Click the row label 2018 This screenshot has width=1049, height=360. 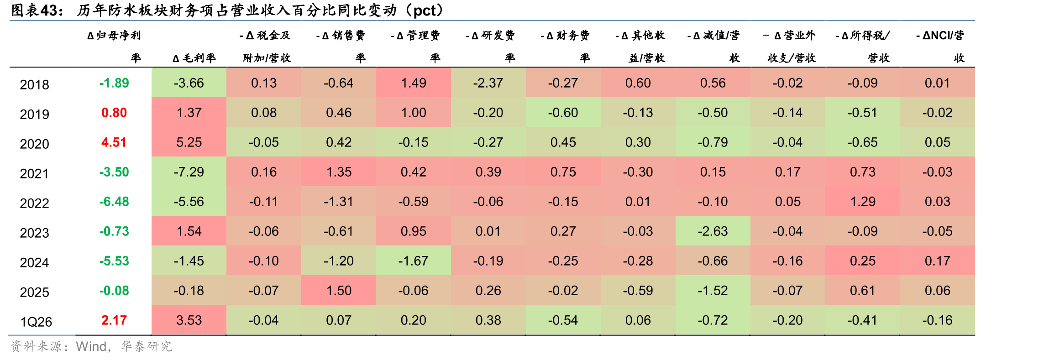34,84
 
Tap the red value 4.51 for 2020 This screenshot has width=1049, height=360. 114,142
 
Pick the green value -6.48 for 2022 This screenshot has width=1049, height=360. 114,202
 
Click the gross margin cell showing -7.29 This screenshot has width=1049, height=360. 189,172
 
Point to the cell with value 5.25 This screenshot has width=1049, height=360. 189,142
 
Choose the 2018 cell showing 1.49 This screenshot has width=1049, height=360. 414,83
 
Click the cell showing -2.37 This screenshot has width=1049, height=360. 488,83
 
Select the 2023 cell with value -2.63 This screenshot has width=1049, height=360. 713,231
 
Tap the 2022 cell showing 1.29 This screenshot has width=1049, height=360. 863,202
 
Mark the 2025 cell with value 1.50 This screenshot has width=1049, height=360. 339,291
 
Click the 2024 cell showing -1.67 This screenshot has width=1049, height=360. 413,261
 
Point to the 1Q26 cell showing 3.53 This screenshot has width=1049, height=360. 189,320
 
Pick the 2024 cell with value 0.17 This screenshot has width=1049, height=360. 938,261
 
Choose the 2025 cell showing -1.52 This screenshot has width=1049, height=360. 713,291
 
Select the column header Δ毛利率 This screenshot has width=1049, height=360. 194,58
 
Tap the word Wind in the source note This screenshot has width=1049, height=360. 91,347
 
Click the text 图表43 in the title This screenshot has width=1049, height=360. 37,10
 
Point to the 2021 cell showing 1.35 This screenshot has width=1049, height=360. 339,172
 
